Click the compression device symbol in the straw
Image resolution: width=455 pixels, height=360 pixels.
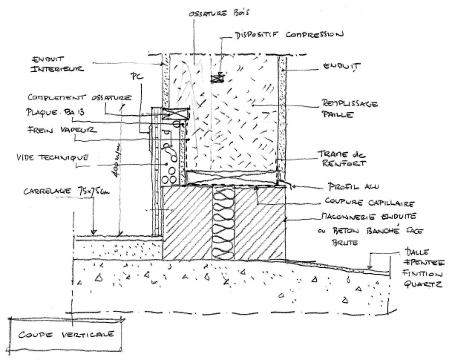[x=220, y=76]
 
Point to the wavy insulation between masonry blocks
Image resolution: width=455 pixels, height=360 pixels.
[x=223, y=223]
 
